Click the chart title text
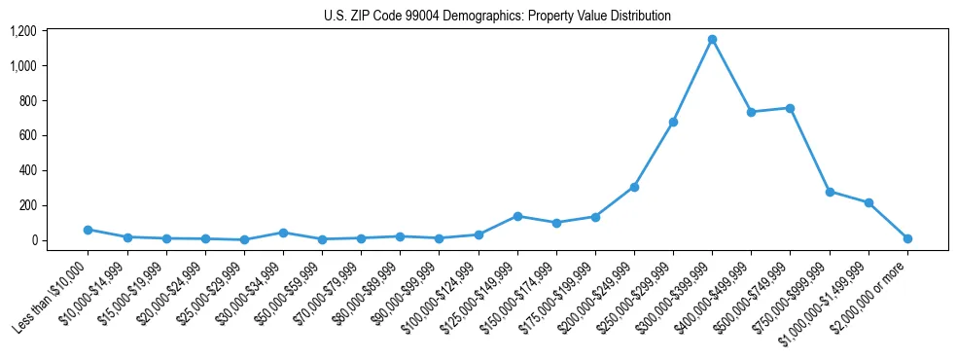497,17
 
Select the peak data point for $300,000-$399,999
712,40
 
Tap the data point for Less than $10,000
88,230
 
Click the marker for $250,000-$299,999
673,123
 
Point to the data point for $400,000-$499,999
751,112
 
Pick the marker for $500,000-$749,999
790,108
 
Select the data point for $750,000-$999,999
830,192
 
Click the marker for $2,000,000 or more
907,238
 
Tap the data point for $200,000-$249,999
634,187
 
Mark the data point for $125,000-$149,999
517,216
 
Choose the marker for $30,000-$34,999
283,233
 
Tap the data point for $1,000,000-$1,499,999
868,202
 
